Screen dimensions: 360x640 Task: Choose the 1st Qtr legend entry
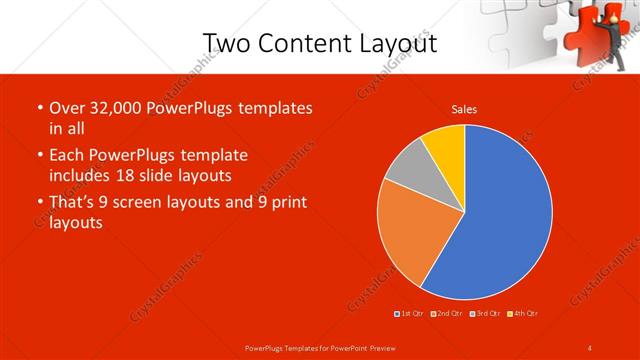(x=410, y=314)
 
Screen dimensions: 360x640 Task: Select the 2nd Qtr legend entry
(x=447, y=314)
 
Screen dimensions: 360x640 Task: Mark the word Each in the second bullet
(x=66, y=156)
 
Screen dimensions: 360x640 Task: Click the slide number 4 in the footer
(x=589, y=347)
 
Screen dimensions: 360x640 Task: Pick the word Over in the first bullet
(x=67, y=108)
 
